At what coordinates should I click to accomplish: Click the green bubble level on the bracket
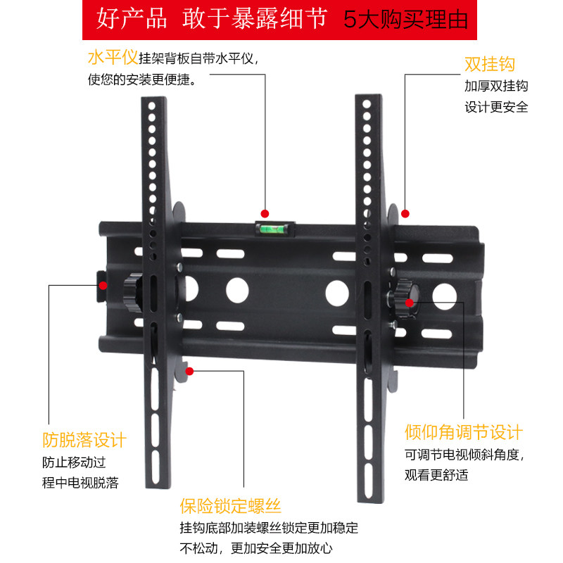pyautogui.click(x=275, y=229)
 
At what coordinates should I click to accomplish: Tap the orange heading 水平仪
pyautogui.click(x=113, y=58)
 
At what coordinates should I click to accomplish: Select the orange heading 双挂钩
pyautogui.click(x=490, y=64)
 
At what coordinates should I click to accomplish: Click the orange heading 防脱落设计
pyautogui.click(x=84, y=440)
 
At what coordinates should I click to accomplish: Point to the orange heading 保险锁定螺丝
pyautogui.click(x=231, y=506)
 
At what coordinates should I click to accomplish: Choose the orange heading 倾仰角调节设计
pyautogui.click(x=464, y=432)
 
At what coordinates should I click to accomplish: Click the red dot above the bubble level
pyautogui.click(x=265, y=214)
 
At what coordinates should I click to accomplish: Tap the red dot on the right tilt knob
pyautogui.click(x=410, y=303)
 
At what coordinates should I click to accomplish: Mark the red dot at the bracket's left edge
pyautogui.click(x=103, y=286)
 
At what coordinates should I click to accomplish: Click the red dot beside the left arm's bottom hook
pyautogui.click(x=189, y=372)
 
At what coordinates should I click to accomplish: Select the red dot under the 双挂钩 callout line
pyautogui.click(x=405, y=214)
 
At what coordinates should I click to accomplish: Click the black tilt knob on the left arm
pyautogui.click(x=133, y=293)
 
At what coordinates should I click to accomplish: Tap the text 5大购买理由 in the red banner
pyautogui.click(x=406, y=20)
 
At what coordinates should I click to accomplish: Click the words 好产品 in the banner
pyautogui.click(x=132, y=18)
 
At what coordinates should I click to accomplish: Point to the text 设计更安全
pyautogui.click(x=496, y=107)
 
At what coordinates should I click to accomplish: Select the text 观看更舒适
pyautogui.click(x=436, y=474)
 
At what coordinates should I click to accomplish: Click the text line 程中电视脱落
pyautogui.click(x=80, y=483)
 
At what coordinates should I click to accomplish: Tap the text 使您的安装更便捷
pyautogui.click(x=142, y=80)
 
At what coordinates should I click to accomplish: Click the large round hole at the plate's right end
pyautogui.click(x=445, y=296)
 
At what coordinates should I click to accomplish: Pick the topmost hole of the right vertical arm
pyautogui.click(x=367, y=103)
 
